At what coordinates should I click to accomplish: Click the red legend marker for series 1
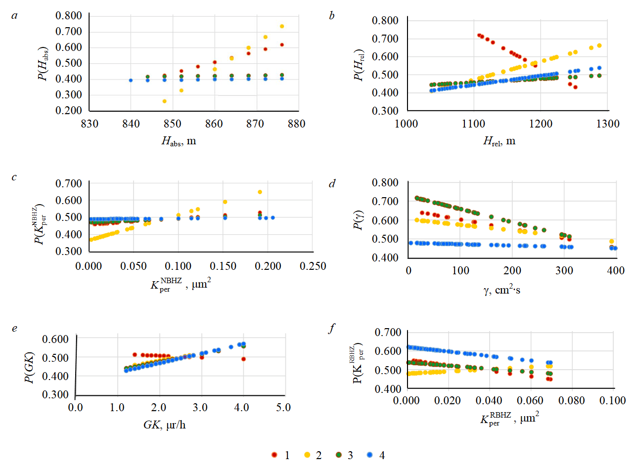[274, 455]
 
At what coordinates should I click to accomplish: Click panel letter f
[332, 327]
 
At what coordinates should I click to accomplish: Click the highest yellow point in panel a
[282, 26]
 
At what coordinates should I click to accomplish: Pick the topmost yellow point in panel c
[260, 192]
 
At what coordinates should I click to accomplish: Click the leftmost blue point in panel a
[131, 80]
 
